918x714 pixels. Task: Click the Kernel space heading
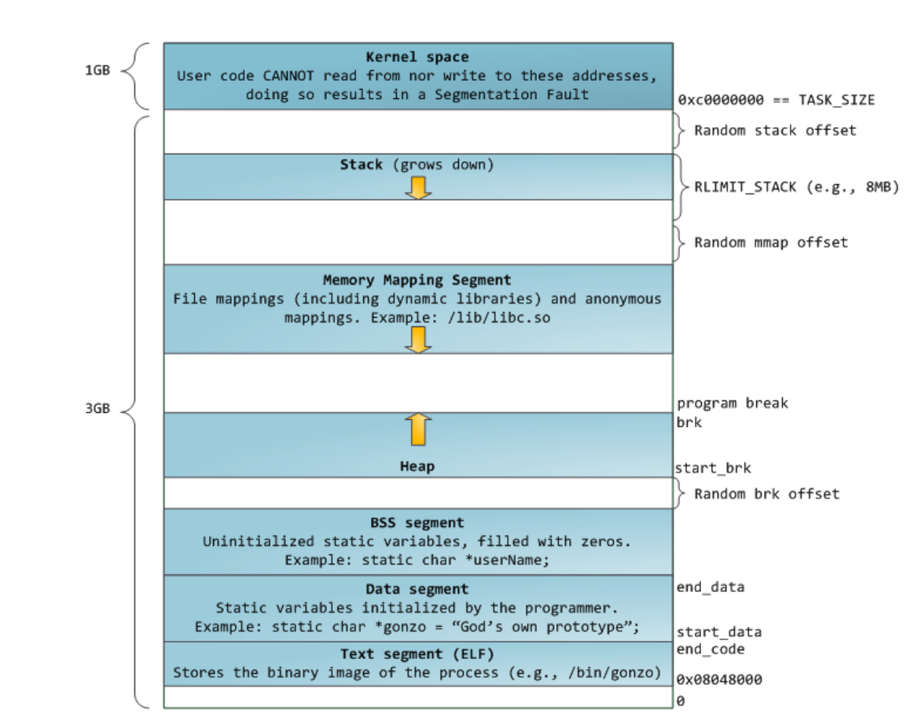pyautogui.click(x=417, y=57)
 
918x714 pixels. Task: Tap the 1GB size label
pyautogui.click(x=97, y=70)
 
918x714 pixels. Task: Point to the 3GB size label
pyautogui.click(x=97, y=409)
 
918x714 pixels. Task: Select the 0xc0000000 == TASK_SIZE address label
pyautogui.click(x=776, y=100)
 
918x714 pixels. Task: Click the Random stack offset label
pyautogui.click(x=774, y=131)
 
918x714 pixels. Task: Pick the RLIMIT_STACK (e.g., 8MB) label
pyautogui.click(x=795, y=187)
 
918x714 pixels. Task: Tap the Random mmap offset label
pyautogui.click(x=770, y=242)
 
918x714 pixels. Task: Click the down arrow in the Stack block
pyautogui.click(x=418, y=187)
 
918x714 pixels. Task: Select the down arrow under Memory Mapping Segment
pyautogui.click(x=418, y=339)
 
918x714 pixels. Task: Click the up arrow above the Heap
pyautogui.click(x=418, y=429)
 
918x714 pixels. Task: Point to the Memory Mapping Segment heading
pyautogui.click(x=417, y=280)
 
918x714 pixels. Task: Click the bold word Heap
pyautogui.click(x=417, y=466)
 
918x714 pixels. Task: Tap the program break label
pyautogui.click(x=732, y=403)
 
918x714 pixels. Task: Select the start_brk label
pyautogui.click(x=713, y=469)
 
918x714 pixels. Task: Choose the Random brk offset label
pyautogui.click(x=766, y=494)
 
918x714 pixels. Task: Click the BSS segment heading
pyautogui.click(x=417, y=523)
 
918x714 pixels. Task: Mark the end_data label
pyautogui.click(x=710, y=587)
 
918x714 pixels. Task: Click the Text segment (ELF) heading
pyautogui.click(x=417, y=654)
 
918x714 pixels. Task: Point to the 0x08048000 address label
pyautogui.click(x=719, y=679)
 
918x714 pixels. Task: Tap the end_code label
pyautogui.click(x=710, y=650)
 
